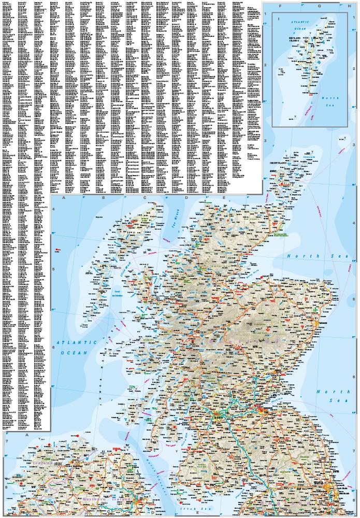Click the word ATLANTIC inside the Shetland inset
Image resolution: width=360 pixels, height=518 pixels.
(302, 22)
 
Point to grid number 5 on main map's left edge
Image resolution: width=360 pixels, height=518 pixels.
(53, 269)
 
